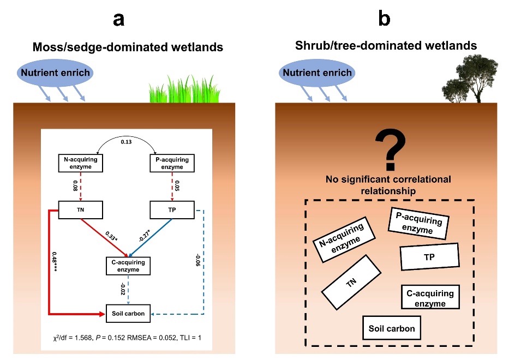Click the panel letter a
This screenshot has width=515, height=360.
click(118, 19)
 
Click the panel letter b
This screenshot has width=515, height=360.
click(384, 19)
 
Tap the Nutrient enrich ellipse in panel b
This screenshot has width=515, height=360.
click(316, 73)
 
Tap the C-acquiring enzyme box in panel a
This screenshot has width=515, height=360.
click(127, 266)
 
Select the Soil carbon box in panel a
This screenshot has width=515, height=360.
click(127, 314)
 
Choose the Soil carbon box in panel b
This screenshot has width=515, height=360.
click(391, 328)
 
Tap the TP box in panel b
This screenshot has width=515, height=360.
click(429, 257)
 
